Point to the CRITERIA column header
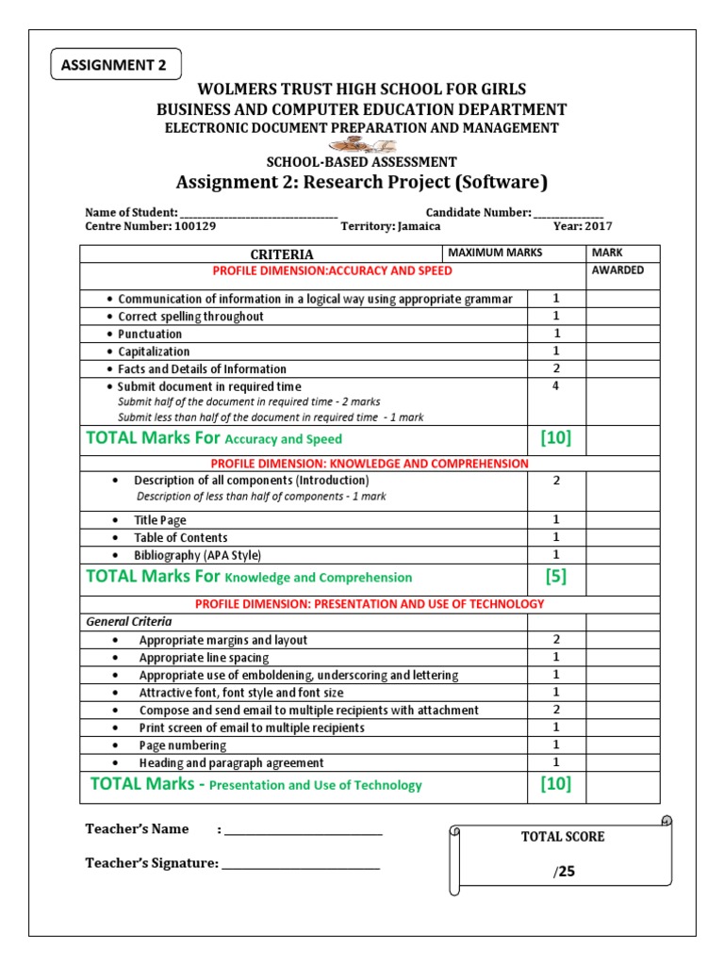(x=281, y=254)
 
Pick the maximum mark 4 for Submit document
(x=556, y=385)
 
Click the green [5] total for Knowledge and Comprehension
(x=556, y=576)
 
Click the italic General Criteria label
(x=129, y=622)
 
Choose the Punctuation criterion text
(x=150, y=334)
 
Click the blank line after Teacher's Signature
(x=301, y=864)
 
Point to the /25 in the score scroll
(x=564, y=872)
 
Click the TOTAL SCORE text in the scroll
(x=563, y=837)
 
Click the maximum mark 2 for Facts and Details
(x=556, y=368)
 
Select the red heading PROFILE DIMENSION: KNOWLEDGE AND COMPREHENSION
(x=370, y=464)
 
